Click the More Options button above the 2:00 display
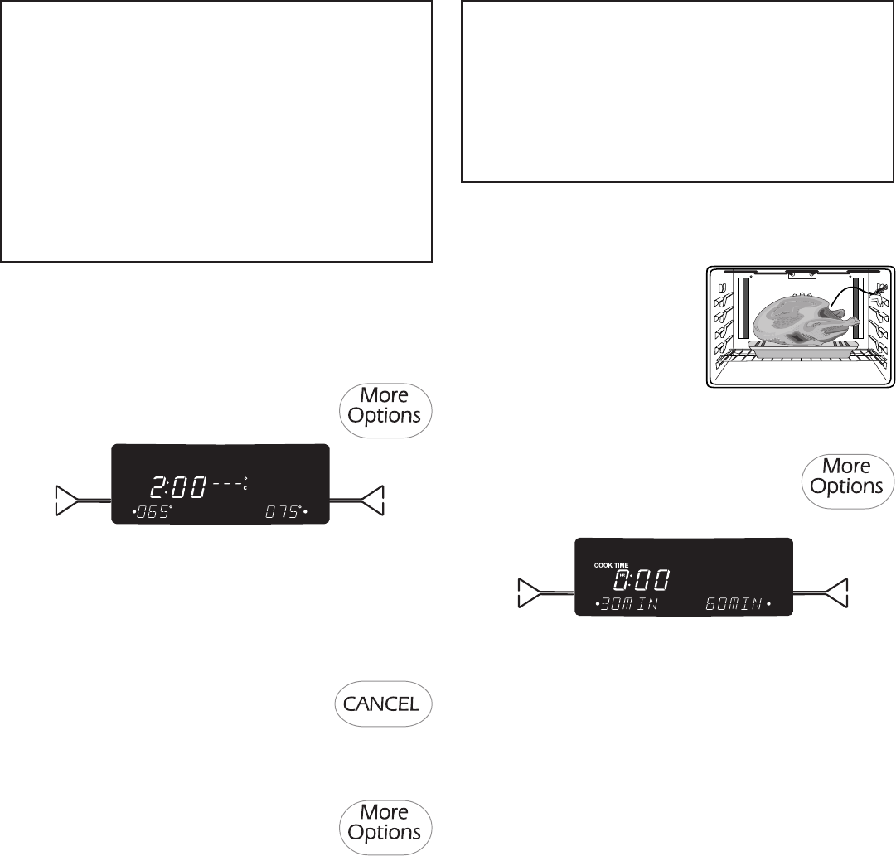tap(385, 405)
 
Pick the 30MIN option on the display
tap(627, 604)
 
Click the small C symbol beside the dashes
tap(245, 488)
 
